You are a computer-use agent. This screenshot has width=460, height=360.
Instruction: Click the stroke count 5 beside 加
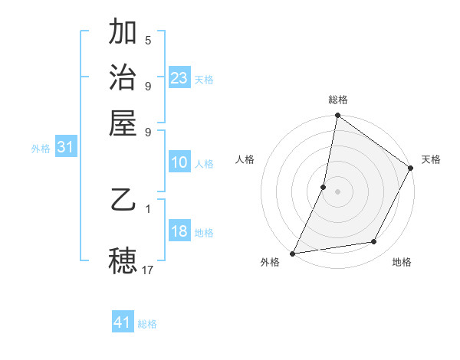[147, 40]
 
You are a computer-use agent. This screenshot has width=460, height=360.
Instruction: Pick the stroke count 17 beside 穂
[149, 269]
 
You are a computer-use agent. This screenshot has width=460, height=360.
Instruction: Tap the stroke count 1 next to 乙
[147, 208]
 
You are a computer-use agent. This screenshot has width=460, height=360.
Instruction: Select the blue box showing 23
[179, 78]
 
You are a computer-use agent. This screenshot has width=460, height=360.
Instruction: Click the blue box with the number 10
[179, 162]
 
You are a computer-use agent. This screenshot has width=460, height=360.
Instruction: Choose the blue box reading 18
[179, 231]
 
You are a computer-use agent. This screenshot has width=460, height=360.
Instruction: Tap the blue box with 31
[65, 147]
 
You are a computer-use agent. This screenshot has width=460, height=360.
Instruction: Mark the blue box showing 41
[123, 322]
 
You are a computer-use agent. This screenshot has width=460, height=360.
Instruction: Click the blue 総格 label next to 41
[147, 324]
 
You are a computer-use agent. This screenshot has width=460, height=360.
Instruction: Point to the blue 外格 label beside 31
[41, 149]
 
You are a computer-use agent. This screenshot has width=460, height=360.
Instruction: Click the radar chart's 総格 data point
[337, 116]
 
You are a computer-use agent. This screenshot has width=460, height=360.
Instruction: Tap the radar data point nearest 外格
[293, 253]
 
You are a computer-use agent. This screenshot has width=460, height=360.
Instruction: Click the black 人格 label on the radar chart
[245, 159]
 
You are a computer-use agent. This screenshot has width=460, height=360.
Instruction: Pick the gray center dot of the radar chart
[337, 191]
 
